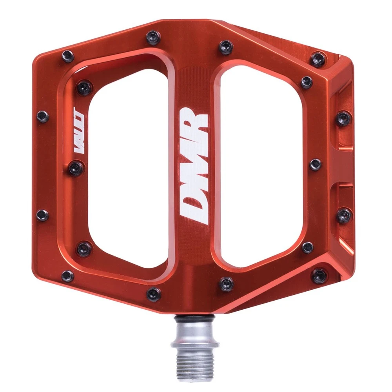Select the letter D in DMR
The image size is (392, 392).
[x=193, y=206]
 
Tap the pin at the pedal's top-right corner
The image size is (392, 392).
[x=318, y=59]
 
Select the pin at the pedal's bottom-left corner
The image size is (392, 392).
[x=67, y=276]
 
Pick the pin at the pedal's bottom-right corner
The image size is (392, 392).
[x=319, y=275]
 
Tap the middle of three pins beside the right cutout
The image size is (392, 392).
[x=315, y=164]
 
